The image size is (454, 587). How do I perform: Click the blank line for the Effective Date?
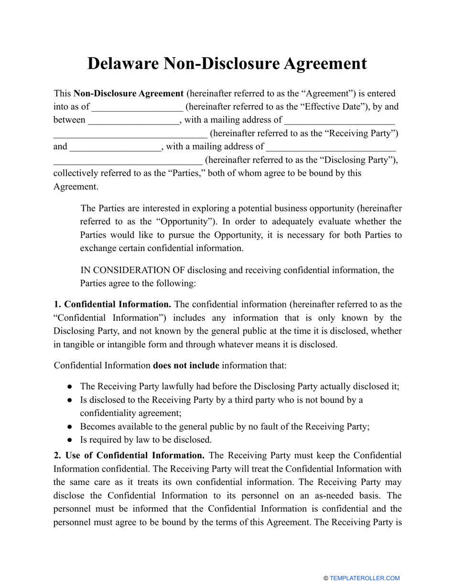[x=137, y=107]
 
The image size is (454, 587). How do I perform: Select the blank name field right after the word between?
[x=134, y=120]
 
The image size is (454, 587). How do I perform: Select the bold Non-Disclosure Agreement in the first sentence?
[x=129, y=94]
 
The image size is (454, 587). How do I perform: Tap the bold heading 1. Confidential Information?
[x=112, y=304]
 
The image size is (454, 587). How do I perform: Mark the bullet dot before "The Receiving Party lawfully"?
[x=70, y=387]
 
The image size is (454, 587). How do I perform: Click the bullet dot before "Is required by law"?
[x=70, y=440]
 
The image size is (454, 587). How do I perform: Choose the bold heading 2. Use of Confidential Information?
[x=130, y=456]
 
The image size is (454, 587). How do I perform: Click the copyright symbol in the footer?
[x=326, y=578]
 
